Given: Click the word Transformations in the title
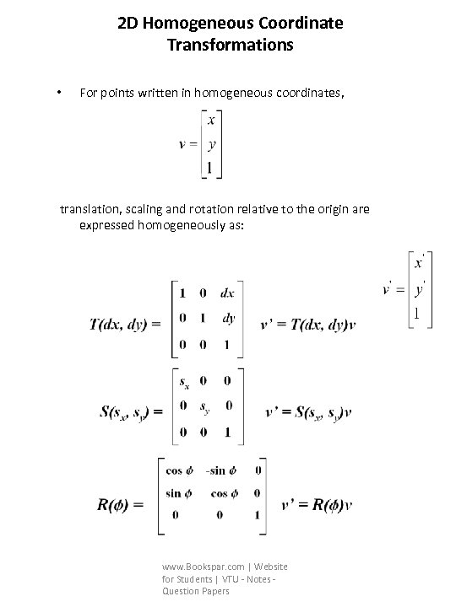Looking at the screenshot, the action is click(x=230, y=45).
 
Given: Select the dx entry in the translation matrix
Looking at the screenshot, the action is click(x=228, y=293).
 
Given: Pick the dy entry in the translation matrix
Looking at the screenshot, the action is click(x=228, y=319).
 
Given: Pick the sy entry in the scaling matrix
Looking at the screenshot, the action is click(x=205, y=407).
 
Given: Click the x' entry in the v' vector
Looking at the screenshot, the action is click(x=417, y=264).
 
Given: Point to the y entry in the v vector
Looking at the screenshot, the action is click(x=210, y=144).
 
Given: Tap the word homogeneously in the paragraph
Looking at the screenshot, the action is click(x=180, y=225).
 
